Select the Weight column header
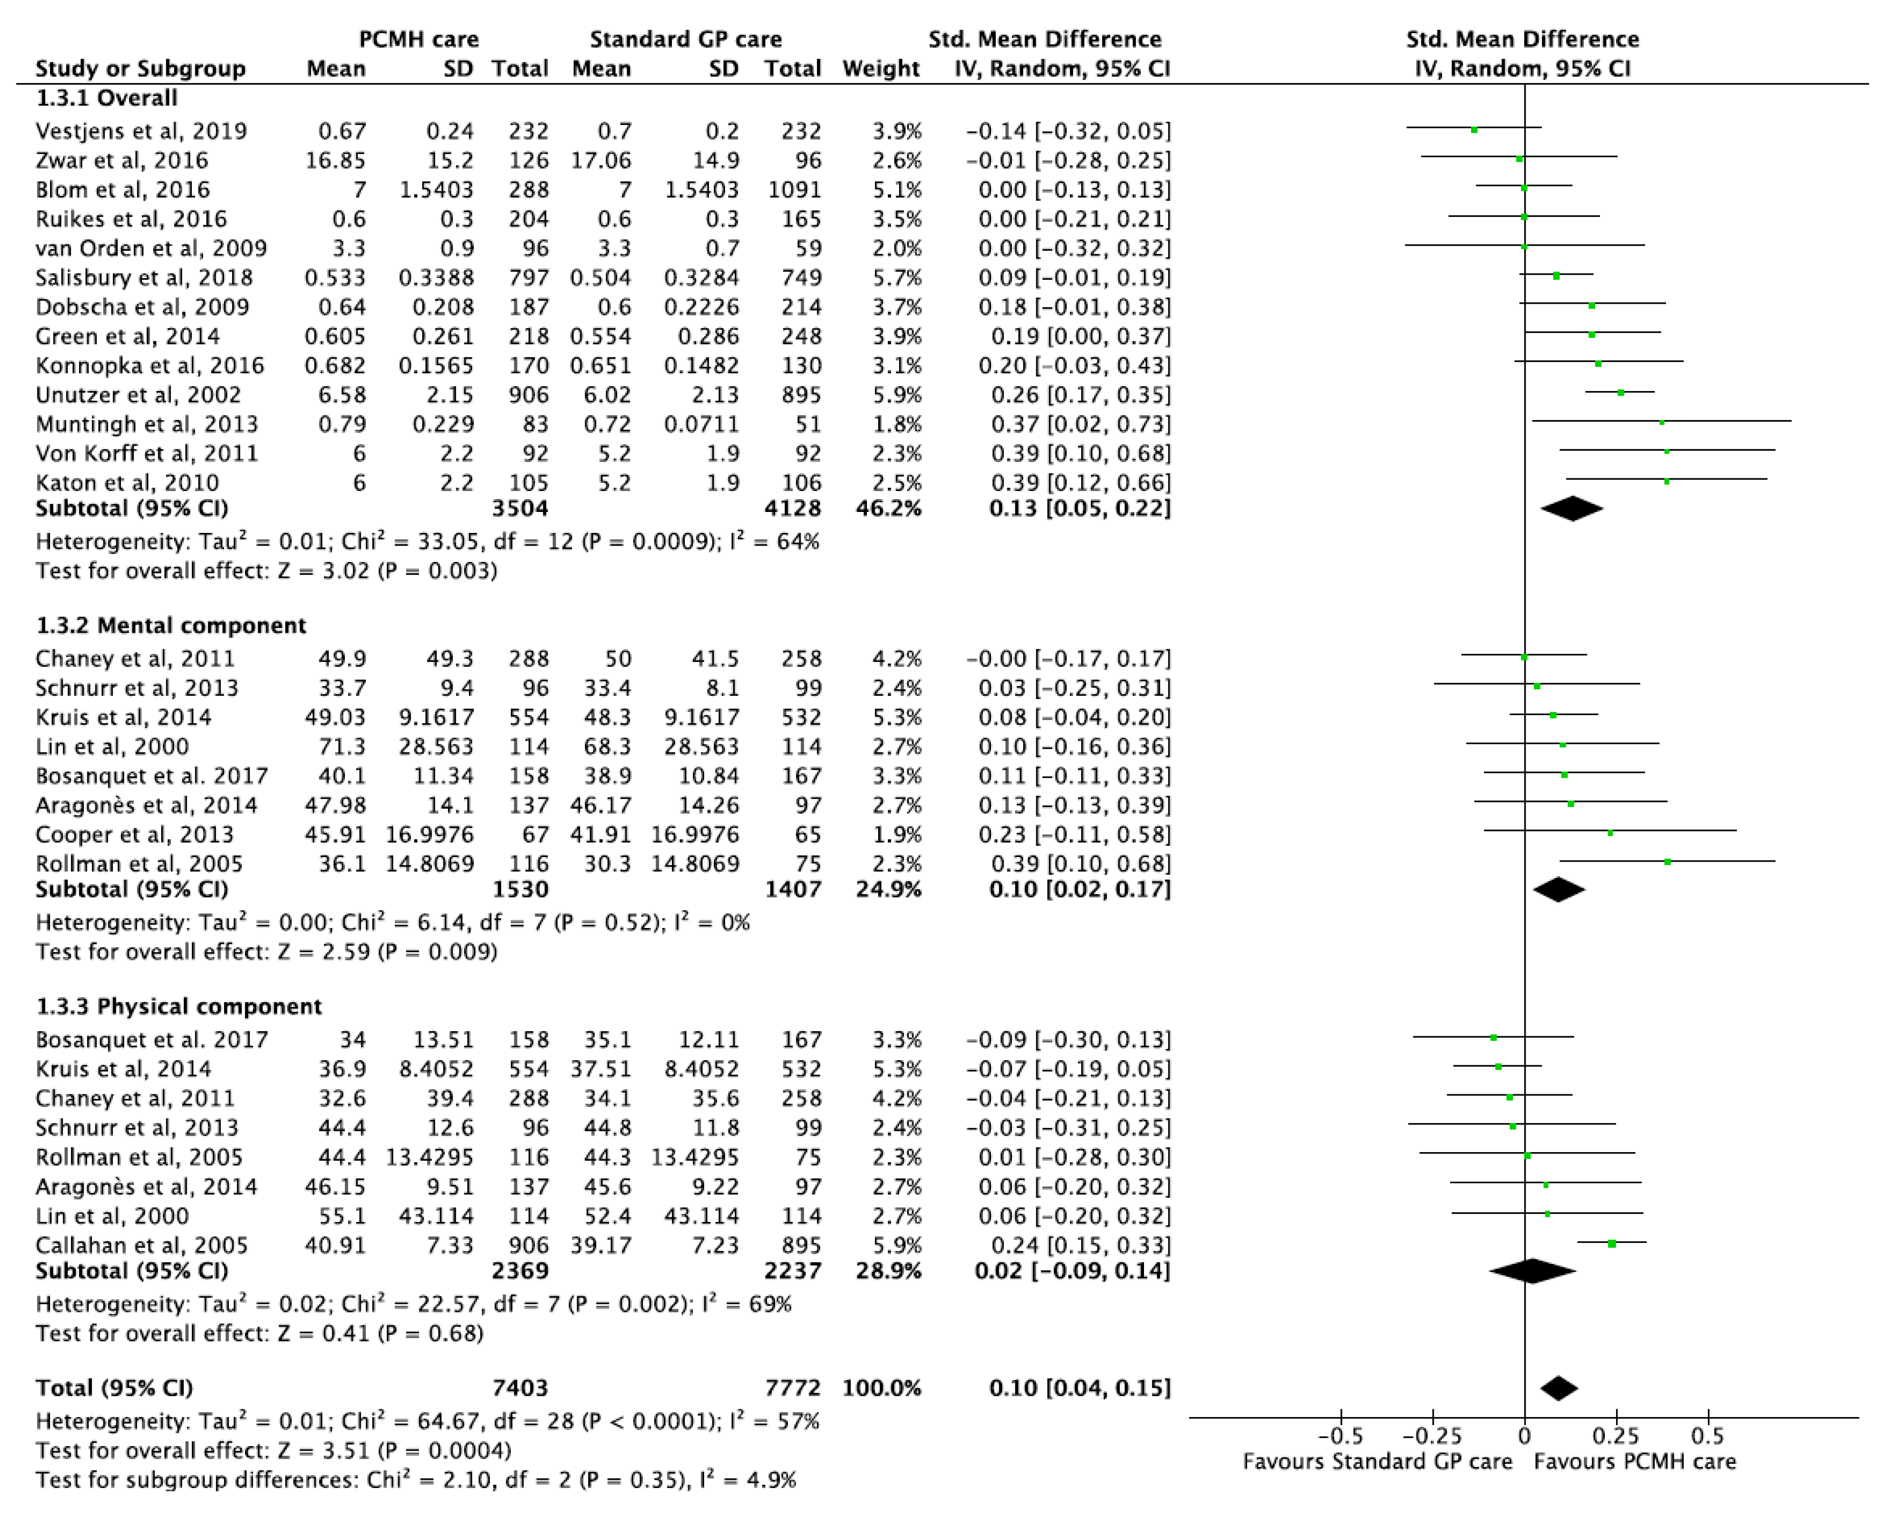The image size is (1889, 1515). [881, 68]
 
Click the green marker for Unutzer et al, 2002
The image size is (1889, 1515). [1620, 393]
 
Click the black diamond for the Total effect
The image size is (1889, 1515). [1559, 1388]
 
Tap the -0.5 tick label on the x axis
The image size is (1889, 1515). [1340, 1436]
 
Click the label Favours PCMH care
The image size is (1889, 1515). [1635, 1461]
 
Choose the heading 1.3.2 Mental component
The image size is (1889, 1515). [171, 626]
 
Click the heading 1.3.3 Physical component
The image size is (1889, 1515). [179, 1007]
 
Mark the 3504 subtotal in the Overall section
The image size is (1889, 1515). [520, 508]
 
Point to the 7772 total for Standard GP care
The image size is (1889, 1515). [793, 1388]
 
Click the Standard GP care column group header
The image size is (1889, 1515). [685, 39]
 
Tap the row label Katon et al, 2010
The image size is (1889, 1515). [127, 483]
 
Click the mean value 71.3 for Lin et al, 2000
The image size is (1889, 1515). [342, 747]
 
